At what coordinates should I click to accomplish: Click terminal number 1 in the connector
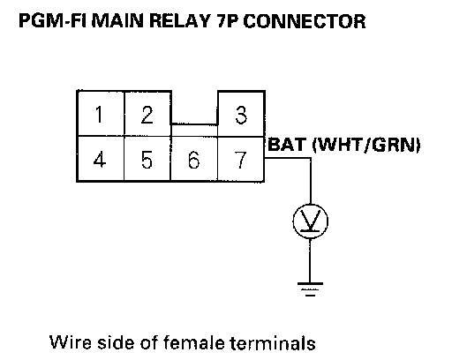point(100,115)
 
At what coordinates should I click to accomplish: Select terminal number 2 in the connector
point(147,115)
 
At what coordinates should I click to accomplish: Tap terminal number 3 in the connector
point(241,115)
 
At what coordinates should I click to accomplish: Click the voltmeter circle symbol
point(310,221)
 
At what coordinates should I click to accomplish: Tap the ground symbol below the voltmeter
point(310,289)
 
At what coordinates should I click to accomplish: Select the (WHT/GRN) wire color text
point(366,145)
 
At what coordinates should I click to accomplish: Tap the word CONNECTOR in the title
point(305,21)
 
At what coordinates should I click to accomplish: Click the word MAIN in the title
point(117,21)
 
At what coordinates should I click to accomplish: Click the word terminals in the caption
point(273,342)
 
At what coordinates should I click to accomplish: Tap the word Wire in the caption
point(71,342)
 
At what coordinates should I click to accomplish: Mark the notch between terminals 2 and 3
point(194,124)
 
